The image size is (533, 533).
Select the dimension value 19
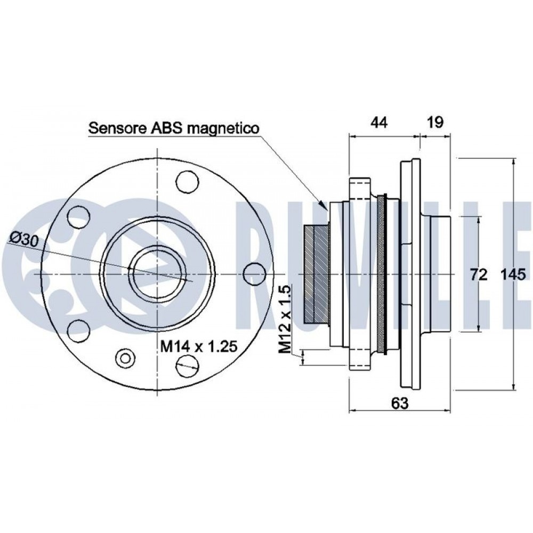point(435,123)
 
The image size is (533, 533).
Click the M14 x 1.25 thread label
point(199,347)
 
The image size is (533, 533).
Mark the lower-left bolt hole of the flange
point(78,330)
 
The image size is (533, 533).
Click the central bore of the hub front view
point(157,273)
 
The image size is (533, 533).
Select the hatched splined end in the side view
point(316,273)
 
